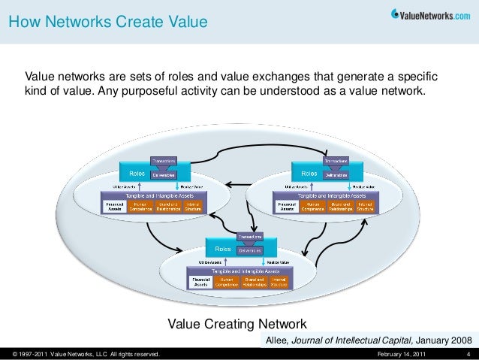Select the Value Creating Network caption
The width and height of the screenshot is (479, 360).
[236, 325]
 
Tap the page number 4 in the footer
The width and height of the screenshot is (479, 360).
[468, 353]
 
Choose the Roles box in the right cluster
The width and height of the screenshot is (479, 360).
[308, 172]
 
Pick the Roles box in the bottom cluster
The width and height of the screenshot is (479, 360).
[223, 248]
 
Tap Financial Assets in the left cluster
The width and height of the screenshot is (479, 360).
[115, 205]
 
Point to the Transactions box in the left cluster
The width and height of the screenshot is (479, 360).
[164, 160]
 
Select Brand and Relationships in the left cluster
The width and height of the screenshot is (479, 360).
[167, 205]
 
